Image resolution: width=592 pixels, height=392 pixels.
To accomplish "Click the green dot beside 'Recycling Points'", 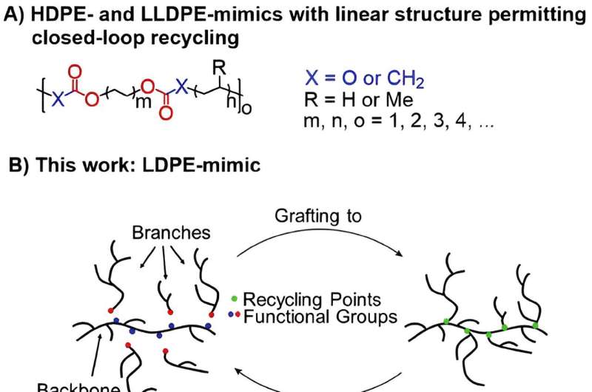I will tap(235, 299).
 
